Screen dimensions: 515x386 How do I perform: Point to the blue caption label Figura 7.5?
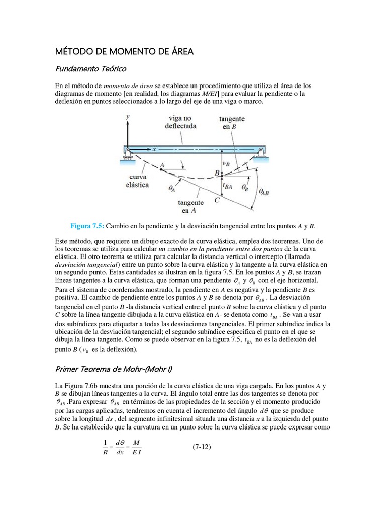coord(89,224)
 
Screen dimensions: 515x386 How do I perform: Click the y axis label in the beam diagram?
coord(129,116)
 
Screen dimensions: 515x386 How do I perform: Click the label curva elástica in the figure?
coord(138,181)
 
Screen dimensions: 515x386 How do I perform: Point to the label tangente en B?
coord(232,123)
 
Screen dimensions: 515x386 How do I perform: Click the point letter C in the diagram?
coord(217,200)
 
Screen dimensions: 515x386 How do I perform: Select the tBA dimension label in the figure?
coord(227,186)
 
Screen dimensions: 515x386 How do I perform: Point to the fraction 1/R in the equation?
coord(105,447)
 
